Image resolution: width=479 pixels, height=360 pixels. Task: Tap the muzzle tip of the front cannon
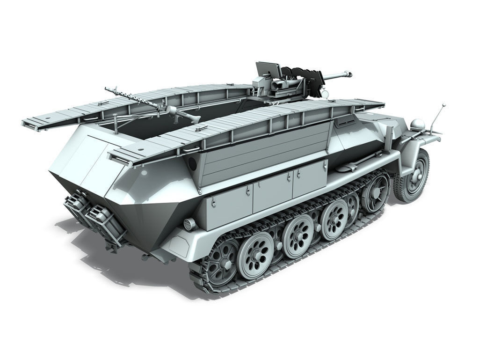348,73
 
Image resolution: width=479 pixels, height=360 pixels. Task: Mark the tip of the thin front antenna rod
443,105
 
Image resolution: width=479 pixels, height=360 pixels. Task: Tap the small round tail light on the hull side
189,223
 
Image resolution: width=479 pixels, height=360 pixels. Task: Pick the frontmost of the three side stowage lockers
310,180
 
